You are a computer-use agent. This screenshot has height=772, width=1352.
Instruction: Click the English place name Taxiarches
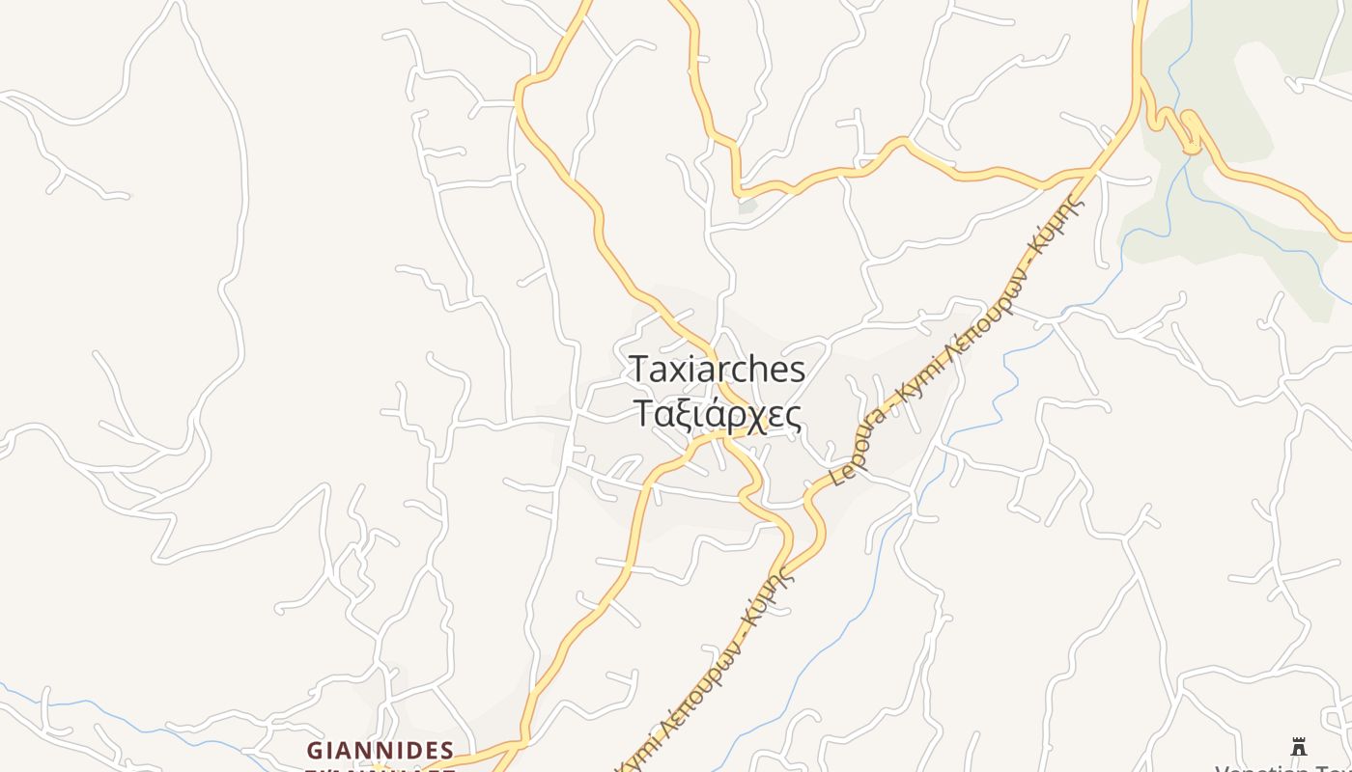tap(717, 370)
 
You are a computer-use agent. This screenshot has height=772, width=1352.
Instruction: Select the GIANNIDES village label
tap(380, 750)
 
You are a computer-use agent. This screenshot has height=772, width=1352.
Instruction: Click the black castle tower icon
tap(1299, 747)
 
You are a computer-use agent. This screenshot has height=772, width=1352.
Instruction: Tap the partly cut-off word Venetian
tap(1255, 768)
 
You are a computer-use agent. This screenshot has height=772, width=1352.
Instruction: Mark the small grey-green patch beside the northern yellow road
tap(747, 206)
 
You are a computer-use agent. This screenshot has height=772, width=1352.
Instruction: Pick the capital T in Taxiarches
tap(639, 369)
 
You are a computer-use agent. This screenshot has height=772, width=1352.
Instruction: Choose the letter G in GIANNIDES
tap(315, 750)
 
